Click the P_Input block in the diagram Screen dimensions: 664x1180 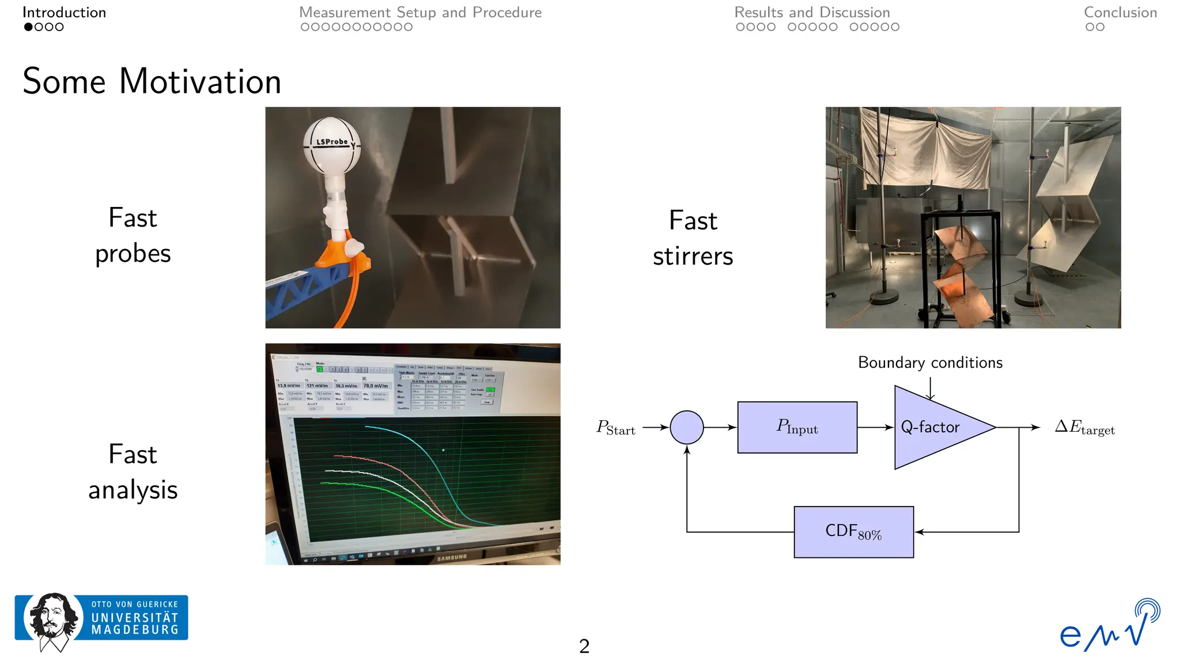[x=797, y=427]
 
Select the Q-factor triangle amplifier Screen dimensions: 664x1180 [x=933, y=427]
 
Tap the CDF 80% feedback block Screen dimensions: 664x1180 [x=853, y=531]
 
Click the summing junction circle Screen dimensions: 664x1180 [x=686, y=427]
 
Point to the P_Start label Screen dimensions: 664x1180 [x=615, y=428]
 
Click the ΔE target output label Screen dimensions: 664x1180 [x=1084, y=427]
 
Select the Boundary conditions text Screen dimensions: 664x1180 [x=930, y=363]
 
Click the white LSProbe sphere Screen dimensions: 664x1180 [x=332, y=145]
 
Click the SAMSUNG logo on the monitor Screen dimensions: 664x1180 [x=452, y=557]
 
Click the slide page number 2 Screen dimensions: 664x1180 [x=584, y=646]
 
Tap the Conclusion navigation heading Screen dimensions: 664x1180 [x=1120, y=13]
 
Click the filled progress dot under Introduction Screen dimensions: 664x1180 [x=28, y=27]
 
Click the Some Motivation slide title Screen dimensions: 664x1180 [x=152, y=81]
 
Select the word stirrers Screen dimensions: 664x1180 [x=693, y=256]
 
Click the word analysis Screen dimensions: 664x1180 [x=133, y=490]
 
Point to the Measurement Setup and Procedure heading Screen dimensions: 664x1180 [x=420, y=13]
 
